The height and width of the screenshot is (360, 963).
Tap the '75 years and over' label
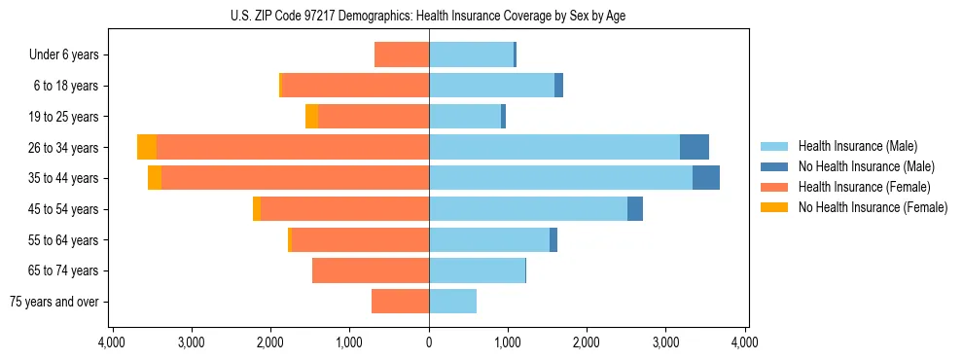point(54,302)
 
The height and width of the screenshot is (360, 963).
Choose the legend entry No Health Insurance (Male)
point(866,166)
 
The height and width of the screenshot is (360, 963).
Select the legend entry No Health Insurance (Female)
point(873,207)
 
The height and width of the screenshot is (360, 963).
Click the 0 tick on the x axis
point(429,342)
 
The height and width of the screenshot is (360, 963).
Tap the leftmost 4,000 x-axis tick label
point(112,342)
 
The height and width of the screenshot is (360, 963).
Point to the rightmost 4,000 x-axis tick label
point(745,342)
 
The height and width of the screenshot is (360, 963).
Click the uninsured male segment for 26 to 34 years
point(695,147)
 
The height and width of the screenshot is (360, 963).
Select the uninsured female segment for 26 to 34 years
point(147,147)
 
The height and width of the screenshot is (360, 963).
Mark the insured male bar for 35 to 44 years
point(560,178)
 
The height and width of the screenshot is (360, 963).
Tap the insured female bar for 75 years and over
point(400,302)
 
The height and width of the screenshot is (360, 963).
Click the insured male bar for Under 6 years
point(471,54)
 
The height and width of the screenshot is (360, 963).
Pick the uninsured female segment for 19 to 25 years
point(311,117)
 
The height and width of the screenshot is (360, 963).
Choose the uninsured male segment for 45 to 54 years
point(635,209)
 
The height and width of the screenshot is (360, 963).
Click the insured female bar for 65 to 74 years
point(371,270)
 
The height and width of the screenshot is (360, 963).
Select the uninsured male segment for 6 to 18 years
point(558,86)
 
